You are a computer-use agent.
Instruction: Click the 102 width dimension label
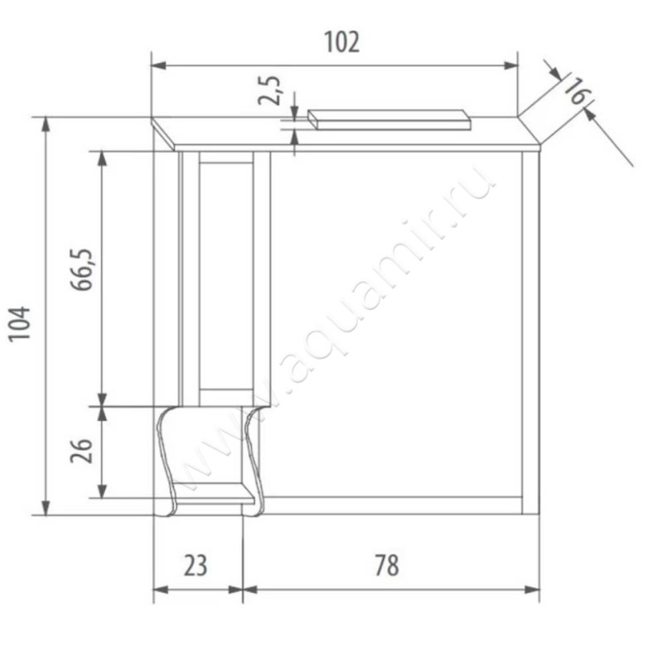click(341, 41)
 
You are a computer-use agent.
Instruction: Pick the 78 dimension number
click(386, 566)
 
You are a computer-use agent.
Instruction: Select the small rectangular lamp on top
click(390, 119)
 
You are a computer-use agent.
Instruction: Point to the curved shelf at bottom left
click(212, 460)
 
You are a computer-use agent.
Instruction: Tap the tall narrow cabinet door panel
click(225, 273)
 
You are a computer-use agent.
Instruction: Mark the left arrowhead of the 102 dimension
click(157, 65)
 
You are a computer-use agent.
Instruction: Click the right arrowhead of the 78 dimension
click(535, 590)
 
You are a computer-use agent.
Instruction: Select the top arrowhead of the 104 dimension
click(46, 122)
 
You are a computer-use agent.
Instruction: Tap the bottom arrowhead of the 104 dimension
click(46, 509)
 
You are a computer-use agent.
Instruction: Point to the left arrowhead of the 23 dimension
click(159, 590)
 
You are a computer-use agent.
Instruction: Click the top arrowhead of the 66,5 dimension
click(102, 156)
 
